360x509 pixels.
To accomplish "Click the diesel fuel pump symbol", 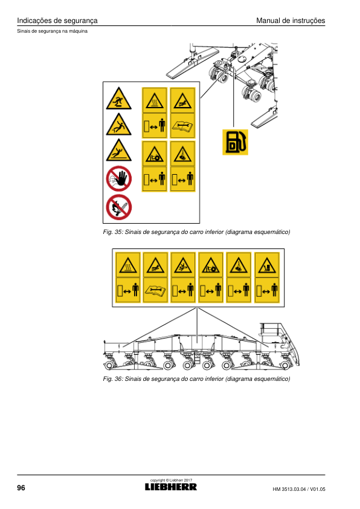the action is point(235,142).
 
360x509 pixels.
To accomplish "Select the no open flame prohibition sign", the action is point(119,207).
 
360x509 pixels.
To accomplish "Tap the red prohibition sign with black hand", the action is point(119,178).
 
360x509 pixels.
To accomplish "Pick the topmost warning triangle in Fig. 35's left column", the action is point(119,99).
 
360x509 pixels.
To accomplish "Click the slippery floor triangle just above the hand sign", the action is point(119,151).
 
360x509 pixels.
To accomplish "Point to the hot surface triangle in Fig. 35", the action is point(155,100).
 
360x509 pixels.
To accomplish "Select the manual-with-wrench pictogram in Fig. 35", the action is point(182,125).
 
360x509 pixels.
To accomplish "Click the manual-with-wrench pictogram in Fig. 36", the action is point(155,290).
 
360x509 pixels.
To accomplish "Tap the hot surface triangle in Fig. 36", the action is point(128,265).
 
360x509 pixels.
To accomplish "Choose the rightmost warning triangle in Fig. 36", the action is point(267,265).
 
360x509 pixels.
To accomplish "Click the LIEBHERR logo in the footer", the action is point(171,487).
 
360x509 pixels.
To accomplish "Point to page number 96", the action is point(21,488).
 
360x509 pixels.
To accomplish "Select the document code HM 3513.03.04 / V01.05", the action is point(299,489).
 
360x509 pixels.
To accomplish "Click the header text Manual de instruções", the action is point(291,21).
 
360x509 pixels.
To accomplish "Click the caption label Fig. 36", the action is point(112,379).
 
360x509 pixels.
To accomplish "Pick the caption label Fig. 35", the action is point(112,232).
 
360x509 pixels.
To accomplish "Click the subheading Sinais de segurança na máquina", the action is point(52,31).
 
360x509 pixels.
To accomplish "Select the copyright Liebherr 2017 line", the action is point(172,480).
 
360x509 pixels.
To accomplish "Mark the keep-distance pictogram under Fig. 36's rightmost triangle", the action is point(267,290).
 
